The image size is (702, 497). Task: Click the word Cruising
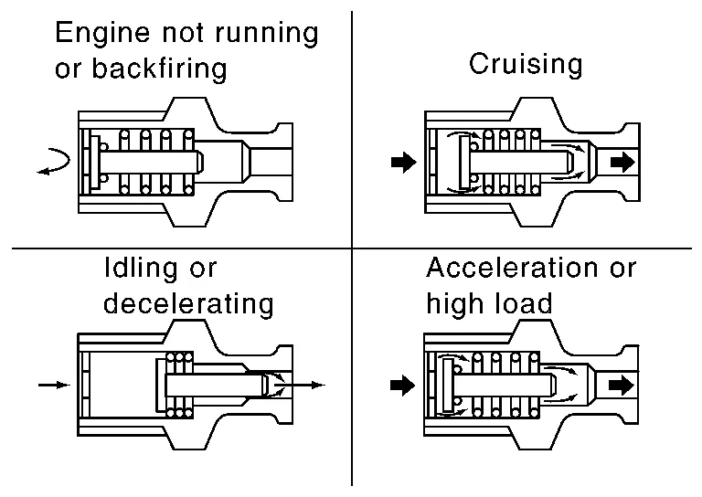pyautogui.click(x=525, y=65)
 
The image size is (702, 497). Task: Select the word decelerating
pyautogui.click(x=188, y=303)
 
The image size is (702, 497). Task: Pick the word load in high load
pyautogui.click(x=523, y=303)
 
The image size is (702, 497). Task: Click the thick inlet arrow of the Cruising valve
pyautogui.click(x=401, y=163)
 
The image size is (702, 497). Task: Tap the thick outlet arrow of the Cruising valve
pyautogui.click(x=622, y=163)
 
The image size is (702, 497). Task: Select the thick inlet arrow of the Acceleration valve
pyautogui.click(x=401, y=385)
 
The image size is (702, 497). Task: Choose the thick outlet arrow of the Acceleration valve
pyautogui.click(x=622, y=385)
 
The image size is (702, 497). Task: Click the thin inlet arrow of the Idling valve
pyautogui.click(x=54, y=386)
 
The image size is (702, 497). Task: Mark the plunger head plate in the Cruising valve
pyautogui.click(x=465, y=163)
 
